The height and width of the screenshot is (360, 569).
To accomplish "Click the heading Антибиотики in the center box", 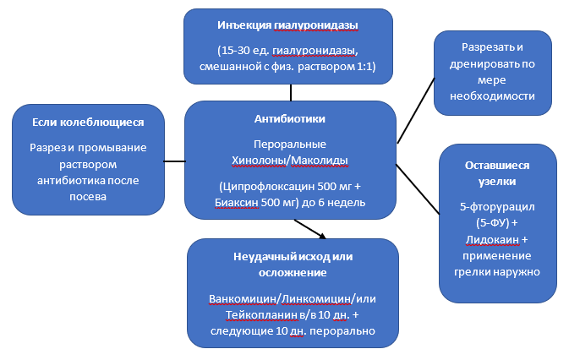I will (290, 119).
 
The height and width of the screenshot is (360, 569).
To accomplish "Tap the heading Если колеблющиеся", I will (87, 124).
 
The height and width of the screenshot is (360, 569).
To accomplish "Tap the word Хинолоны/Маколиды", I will (290, 159).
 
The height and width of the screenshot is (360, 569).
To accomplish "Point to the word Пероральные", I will (290, 144).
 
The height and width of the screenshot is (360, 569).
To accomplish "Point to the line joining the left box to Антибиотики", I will (173, 161).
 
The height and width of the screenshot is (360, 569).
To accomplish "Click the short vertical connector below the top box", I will (290, 90).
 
